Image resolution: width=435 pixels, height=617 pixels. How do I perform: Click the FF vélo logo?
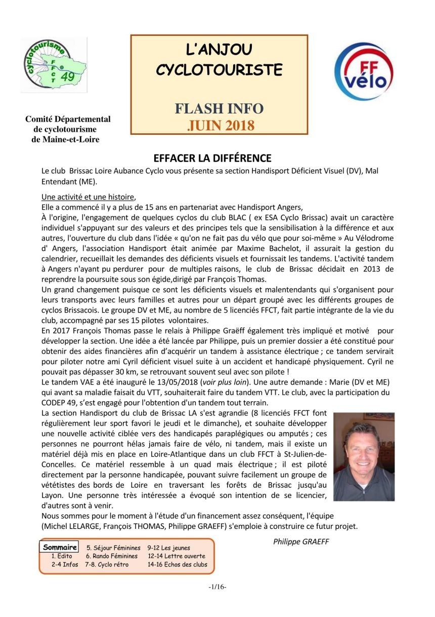[x=364, y=71]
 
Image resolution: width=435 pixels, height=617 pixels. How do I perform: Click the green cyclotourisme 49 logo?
[x=54, y=65]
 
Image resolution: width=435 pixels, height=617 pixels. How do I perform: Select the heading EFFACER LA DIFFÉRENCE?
[x=212, y=158]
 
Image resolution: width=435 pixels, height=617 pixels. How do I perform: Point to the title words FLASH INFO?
[x=219, y=108]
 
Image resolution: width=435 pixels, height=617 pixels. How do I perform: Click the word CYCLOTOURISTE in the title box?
[x=219, y=69]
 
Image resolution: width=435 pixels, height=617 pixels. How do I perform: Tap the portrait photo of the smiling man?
[x=364, y=456]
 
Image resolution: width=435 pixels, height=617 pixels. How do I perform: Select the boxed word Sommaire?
[x=60, y=547]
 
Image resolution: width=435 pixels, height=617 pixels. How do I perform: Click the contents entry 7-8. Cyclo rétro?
[x=107, y=564]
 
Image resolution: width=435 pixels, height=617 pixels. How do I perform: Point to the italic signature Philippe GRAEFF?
[x=301, y=542]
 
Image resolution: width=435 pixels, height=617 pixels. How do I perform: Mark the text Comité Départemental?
[x=68, y=120]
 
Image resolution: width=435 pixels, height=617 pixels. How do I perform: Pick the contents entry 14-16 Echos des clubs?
[x=177, y=564]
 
